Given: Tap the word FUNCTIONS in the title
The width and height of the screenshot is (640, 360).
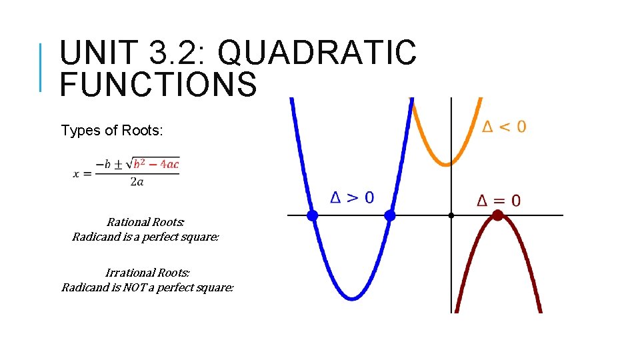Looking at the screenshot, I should click(158, 84).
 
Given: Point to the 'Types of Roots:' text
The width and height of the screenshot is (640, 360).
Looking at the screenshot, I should click(111, 131).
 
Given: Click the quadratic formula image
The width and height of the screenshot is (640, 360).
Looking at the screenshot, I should click(127, 172).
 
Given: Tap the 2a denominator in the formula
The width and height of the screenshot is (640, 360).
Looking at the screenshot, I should click(137, 181).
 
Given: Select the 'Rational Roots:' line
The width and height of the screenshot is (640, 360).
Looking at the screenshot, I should click(145, 222).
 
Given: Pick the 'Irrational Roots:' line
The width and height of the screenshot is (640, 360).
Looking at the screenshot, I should click(147, 273).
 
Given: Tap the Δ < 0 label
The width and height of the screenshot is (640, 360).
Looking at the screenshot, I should click(504, 126).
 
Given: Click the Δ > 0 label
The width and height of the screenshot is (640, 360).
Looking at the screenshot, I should click(353, 197).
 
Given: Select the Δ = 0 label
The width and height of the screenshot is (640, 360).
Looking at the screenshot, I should click(499, 200).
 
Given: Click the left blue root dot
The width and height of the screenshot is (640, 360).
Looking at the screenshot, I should click(312, 215).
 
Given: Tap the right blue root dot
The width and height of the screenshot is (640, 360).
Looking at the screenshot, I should click(390, 215).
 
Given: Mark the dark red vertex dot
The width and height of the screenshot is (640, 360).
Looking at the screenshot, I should click(497, 215).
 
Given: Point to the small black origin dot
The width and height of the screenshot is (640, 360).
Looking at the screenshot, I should click(451, 215).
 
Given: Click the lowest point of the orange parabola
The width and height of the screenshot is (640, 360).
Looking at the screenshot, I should click(447, 163).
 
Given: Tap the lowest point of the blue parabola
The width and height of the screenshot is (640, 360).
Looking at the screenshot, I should click(351, 297).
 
